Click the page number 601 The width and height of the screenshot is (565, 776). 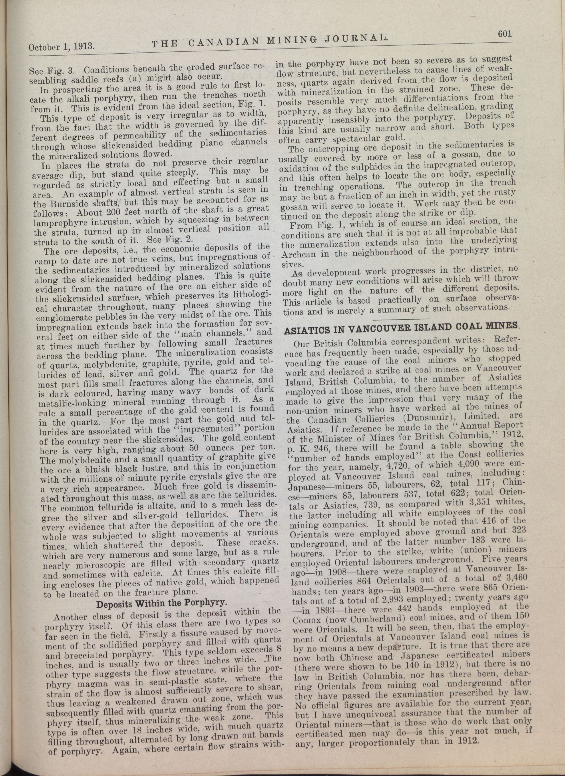[x=504, y=34]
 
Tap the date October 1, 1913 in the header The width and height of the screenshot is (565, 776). [x=61, y=46]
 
